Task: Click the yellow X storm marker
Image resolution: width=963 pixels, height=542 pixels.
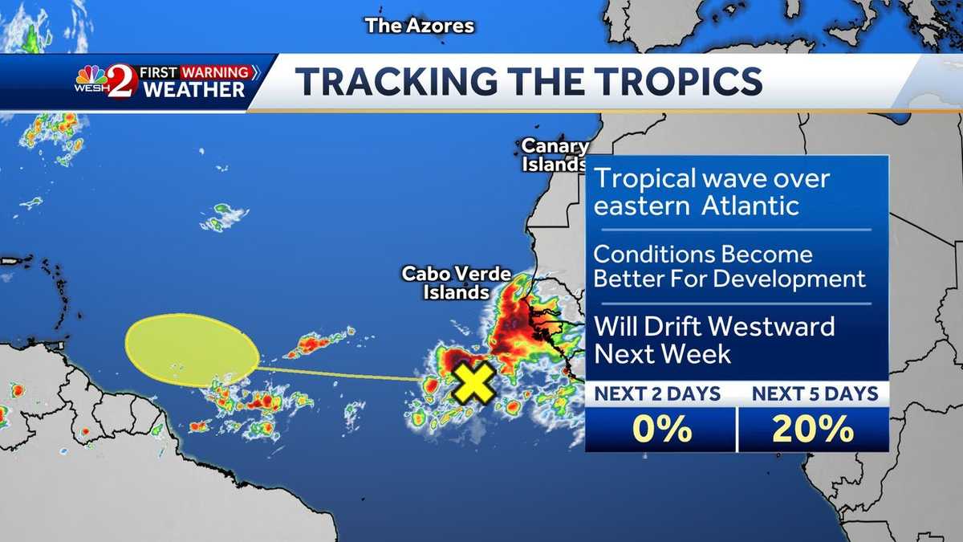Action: [x=473, y=383]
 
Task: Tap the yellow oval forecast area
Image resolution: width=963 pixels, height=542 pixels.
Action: [x=192, y=349]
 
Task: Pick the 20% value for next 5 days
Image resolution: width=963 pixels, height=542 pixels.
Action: [x=812, y=430]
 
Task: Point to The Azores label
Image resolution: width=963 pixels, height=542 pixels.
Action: [x=420, y=26]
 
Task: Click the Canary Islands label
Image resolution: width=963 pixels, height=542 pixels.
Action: [x=555, y=155]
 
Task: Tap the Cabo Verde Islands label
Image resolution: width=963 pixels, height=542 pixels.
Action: [x=457, y=283]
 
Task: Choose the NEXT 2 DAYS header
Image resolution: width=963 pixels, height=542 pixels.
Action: [x=657, y=393]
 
